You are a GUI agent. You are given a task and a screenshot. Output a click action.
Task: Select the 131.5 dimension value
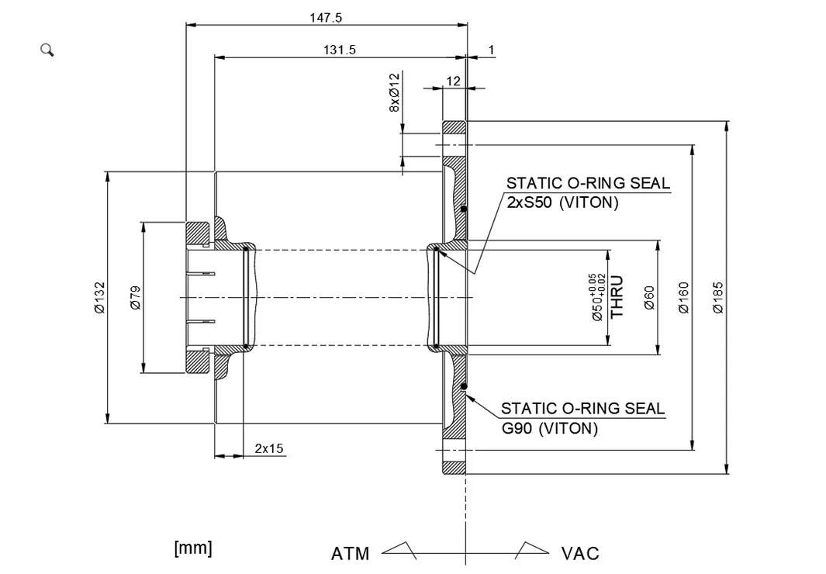pos(339,50)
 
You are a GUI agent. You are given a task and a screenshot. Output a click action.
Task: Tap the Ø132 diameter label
pos(99,297)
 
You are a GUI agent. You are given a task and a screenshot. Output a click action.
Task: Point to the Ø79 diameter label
pos(135,297)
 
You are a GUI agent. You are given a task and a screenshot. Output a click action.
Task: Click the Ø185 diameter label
pos(718,297)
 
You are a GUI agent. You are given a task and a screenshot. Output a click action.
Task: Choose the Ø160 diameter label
pos(683,297)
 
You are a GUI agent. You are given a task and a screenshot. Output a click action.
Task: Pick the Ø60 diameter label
pos(649,297)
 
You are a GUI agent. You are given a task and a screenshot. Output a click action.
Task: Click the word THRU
pos(618,297)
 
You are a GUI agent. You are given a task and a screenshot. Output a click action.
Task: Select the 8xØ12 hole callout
pos(395,93)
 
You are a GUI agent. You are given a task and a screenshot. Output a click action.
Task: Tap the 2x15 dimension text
pos(269,448)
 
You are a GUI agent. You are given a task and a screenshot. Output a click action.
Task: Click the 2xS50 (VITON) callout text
pos(562,203)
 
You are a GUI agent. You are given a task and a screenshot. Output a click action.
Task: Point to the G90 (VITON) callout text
pos(550,427)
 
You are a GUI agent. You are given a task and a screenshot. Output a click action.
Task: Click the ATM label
pos(350,554)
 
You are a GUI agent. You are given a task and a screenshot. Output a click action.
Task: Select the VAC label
pos(580,554)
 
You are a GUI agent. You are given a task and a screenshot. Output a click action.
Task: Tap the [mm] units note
pos(193,548)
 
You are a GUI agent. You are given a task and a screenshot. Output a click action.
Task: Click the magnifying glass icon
pos(47,50)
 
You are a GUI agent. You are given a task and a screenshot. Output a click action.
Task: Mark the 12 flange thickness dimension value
pos(454,81)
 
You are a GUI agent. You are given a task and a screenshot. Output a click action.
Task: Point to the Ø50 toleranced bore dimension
pos(596,297)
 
